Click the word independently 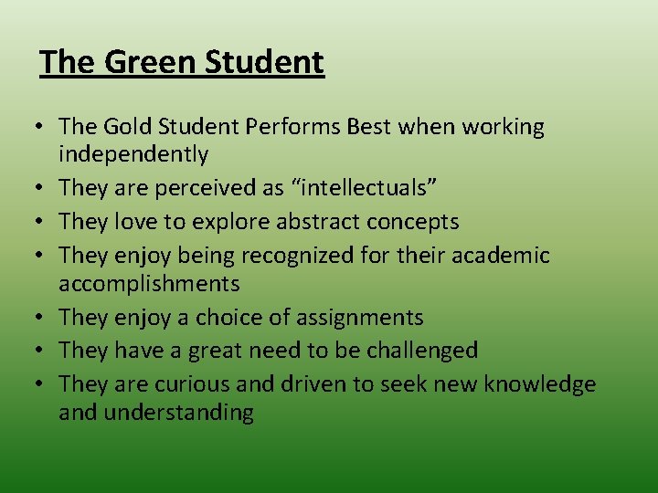coord(133,154)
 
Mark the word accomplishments coord(149,283)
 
